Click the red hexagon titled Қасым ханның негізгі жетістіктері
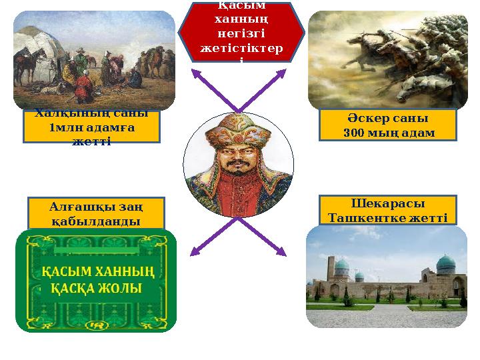(x=241, y=32)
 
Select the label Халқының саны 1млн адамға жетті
(x=91, y=127)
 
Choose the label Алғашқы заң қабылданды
(x=95, y=213)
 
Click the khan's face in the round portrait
(x=239, y=159)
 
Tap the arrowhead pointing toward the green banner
(x=196, y=251)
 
